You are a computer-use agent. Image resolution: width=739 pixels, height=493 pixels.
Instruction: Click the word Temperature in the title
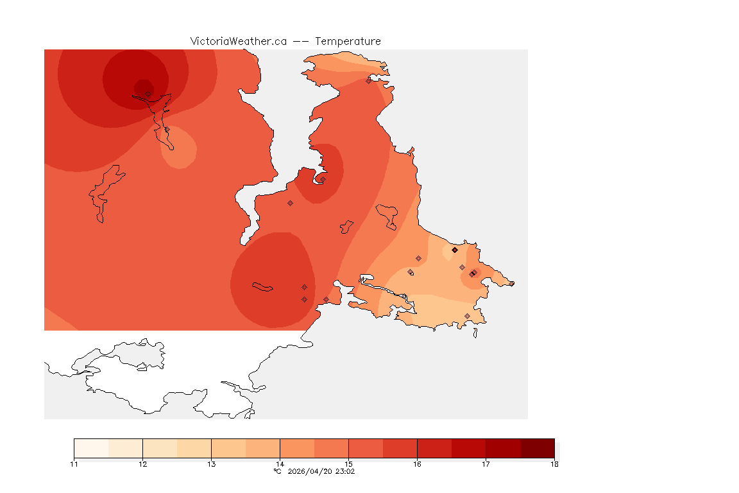[x=348, y=41]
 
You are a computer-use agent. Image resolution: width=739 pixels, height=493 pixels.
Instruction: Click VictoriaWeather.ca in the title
[x=238, y=41]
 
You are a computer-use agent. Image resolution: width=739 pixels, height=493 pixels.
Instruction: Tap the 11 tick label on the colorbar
[x=74, y=464]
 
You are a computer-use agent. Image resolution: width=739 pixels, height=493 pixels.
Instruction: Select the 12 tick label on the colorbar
[x=142, y=464]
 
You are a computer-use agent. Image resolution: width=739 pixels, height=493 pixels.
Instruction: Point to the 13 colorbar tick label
[x=211, y=464]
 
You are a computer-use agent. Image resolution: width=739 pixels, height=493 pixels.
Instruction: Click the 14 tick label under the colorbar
[x=280, y=464]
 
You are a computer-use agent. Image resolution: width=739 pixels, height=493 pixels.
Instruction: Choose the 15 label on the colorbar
[x=348, y=464]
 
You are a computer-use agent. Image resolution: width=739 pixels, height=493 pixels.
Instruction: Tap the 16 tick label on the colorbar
[x=417, y=464]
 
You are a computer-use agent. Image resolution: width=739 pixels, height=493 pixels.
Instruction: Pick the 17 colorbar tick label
[x=486, y=464]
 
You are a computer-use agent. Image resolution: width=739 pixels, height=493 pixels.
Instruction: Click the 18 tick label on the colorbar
[x=554, y=464]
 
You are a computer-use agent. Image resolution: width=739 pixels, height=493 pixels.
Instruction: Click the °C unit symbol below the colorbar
[x=277, y=471]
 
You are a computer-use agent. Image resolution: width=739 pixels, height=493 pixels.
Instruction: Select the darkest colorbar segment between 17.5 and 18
[x=537, y=448]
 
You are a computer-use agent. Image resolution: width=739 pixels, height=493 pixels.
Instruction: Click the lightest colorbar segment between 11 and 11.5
[x=91, y=448]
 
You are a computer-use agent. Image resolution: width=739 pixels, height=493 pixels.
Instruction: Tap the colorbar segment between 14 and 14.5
[x=297, y=448]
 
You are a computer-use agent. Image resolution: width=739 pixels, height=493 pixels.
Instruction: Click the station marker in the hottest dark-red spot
[x=148, y=94]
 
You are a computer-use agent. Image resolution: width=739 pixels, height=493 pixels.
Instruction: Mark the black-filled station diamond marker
[x=454, y=250]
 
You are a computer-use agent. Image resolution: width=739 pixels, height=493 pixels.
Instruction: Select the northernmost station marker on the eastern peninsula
[x=369, y=81]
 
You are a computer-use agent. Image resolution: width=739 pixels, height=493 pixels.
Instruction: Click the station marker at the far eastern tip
[x=511, y=283]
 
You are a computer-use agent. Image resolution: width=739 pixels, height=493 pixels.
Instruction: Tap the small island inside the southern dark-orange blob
[x=263, y=286]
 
